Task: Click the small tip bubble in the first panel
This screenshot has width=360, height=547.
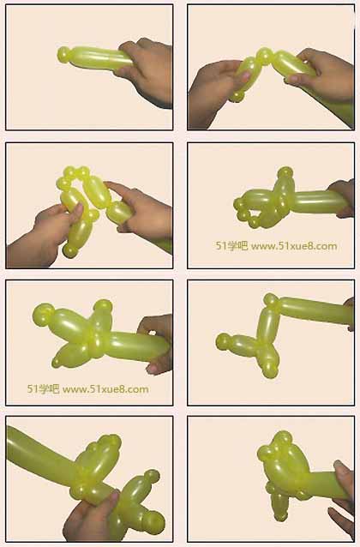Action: tap(63, 55)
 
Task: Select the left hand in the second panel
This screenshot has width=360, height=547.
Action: tap(213, 93)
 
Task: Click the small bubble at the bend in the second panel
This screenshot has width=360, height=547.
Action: tap(264, 55)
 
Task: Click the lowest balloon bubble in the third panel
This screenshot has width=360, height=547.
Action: tap(70, 251)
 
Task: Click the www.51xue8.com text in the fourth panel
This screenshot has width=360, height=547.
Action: tap(294, 246)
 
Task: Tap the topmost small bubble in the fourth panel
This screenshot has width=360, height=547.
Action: tap(285, 172)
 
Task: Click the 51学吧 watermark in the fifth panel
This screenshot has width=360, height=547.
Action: tap(43, 389)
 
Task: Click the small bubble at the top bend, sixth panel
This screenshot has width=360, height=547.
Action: tap(271, 300)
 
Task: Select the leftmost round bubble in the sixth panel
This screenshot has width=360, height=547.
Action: tap(223, 341)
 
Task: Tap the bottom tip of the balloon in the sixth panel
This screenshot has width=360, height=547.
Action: tap(271, 373)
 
